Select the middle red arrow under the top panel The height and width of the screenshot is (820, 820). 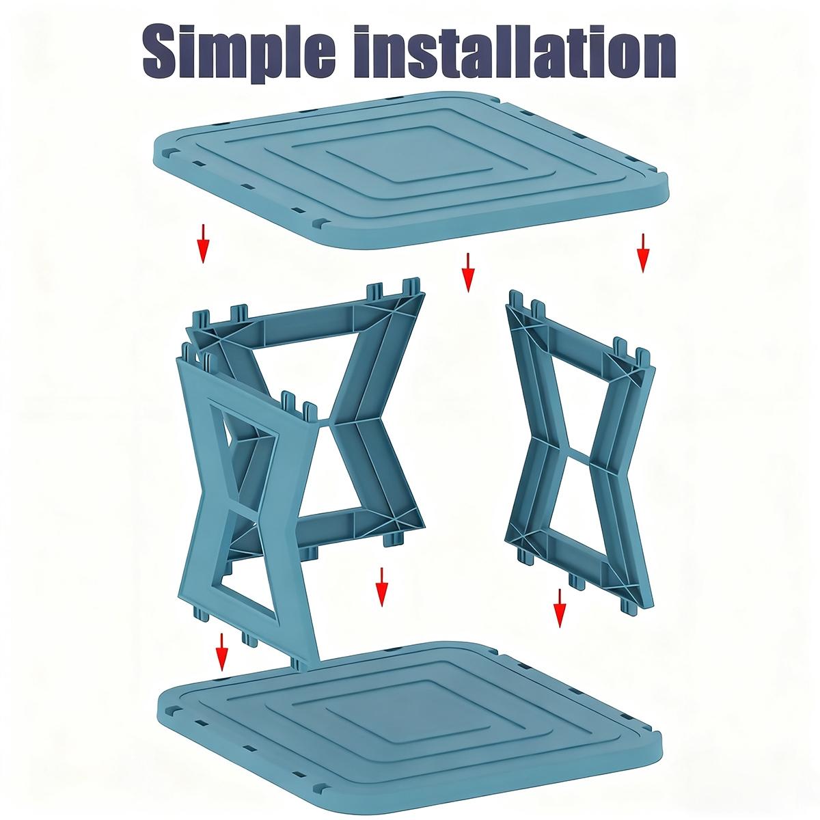tap(467, 272)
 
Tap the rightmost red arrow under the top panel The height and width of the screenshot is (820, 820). tap(642, 253)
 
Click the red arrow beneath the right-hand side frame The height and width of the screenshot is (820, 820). tap(560, 607)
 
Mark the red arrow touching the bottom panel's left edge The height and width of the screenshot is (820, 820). tap(221, 652)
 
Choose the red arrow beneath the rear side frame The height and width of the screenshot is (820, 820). tap(382, 586)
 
